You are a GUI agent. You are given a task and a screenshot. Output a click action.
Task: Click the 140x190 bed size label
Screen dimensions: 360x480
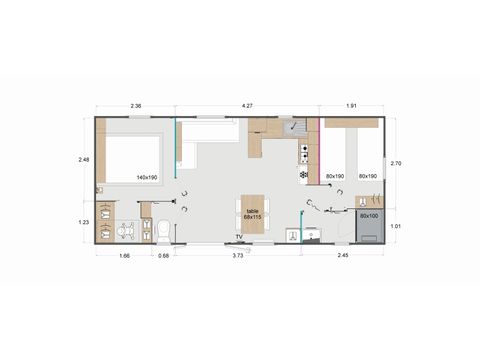pyautogui.click(x=146, y=177)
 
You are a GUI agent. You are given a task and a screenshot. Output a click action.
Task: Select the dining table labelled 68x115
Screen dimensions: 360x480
pyautogui.click(x=253, y=214)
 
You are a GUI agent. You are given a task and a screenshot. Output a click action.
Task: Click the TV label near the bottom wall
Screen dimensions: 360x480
pyautogui.click(x=238, y=236)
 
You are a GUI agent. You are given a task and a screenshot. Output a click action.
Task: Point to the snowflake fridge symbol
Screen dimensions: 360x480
pyautogui.click(x=304, y=175)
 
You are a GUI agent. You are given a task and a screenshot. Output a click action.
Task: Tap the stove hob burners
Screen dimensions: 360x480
pyautogui.click(x=304, y=152)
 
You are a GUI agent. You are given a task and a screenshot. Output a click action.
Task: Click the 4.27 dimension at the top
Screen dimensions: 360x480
pyautogui.click(x=248, y=102)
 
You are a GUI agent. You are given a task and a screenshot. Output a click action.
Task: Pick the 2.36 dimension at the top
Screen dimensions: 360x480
pyautogui.click(x=135, y=102)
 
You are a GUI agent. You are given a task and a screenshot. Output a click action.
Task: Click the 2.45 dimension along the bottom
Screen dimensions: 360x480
pyautogui.click(x=344, y=257)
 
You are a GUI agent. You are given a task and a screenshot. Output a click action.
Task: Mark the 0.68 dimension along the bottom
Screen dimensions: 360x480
pyautogui.click(x=163, y=257)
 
